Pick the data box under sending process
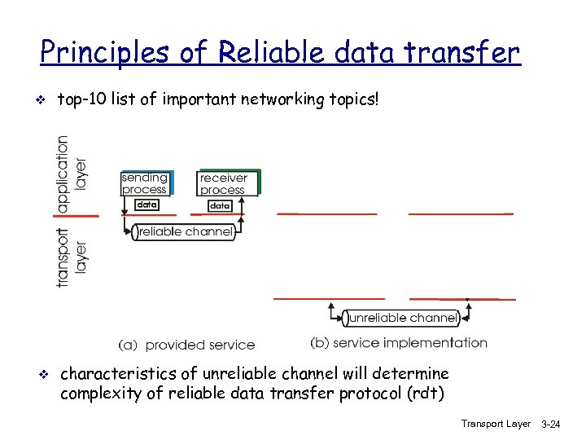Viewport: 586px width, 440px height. pos(146,205)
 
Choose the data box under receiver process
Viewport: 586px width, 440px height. pos(220,205)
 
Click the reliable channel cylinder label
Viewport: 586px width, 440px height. pos(185,232)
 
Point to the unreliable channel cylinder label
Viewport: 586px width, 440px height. pos(400,318)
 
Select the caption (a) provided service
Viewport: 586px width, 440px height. pos(186,345)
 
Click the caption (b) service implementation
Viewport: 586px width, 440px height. pos(399,343)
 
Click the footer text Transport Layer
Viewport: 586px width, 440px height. pos(495,425)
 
